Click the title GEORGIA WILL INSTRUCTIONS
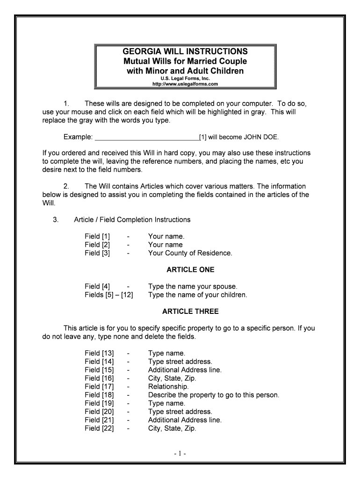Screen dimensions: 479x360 pyautogui.click(x=186, y=51)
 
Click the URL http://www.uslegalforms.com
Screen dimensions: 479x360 pyautogui.click(x=186, y=84)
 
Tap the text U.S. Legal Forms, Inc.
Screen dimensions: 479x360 pyautogui.click(x=186, y=79)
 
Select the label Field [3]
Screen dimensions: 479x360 pyautogui.click(x=97, y=253)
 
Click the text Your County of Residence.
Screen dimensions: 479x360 pyautogui.click(x=190, y=253)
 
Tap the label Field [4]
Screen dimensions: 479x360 pyautogui.click(x=97, y=286)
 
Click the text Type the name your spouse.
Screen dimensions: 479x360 pyautogui.click(x=193, y=286)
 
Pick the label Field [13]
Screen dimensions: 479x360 pyautogui.click(x=99, y=353)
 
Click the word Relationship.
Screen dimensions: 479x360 pyautogui.click(x=168, y=387)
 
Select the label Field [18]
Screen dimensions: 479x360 pyautogui.click(x=99, y=395)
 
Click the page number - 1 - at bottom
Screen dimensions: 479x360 pyautogui.click(x=180, y=453)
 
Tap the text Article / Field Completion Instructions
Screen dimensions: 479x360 pyautogui.click(x=132, y=219)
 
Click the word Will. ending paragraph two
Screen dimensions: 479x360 pyautogui.click(x=49, y=203)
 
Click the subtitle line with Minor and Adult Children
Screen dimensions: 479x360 pyautogui.click(x=186, y=71)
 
